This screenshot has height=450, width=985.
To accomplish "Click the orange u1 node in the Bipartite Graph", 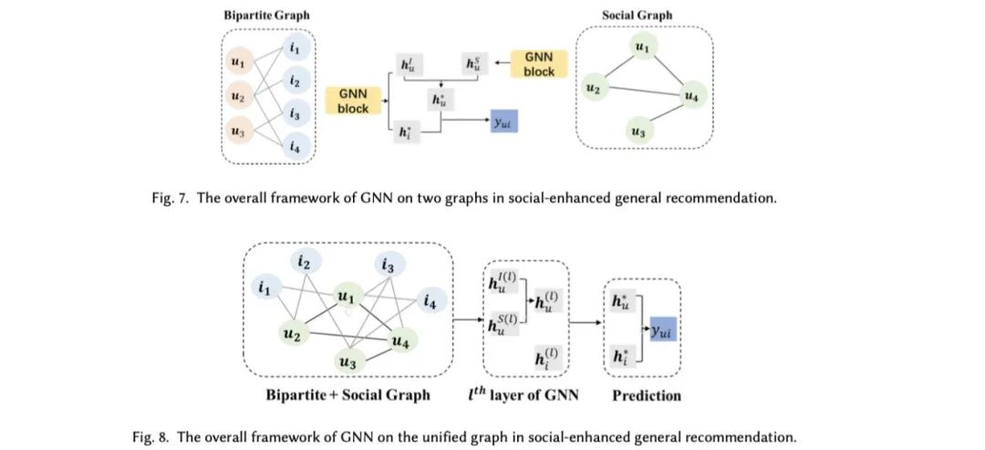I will click(x=237, y=65).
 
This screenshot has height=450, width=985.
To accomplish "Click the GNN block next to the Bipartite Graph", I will click(x=354, y=101).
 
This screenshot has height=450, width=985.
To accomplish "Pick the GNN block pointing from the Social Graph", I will click(x=539, y=64).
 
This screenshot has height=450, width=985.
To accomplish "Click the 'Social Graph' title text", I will click(x=637, y=16).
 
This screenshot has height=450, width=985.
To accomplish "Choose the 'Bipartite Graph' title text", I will click(x=265, y=16).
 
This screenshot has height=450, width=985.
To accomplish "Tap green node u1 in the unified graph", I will click(x=345, y=297).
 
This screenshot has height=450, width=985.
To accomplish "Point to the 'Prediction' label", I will click(x=646, y=395).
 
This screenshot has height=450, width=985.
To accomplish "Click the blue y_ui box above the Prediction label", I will click(x=663, y=334).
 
